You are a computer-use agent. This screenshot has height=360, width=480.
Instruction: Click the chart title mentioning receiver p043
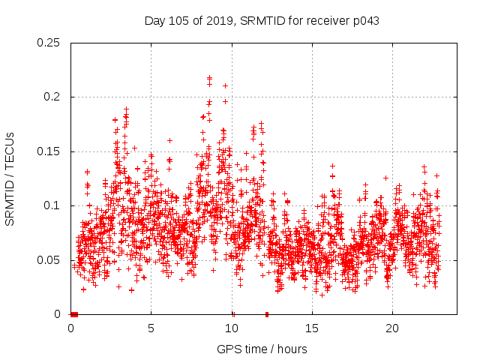coord(262,20)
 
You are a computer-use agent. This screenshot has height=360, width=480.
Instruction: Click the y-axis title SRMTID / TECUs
coord(10,178)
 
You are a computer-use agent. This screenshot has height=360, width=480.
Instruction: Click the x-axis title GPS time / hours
coord(262,349)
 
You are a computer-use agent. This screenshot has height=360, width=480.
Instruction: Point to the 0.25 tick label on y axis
coord(49,43)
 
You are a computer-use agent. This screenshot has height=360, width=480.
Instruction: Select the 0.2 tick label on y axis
coord(52,97)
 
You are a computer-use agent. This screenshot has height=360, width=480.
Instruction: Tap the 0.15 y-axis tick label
coord(49,151)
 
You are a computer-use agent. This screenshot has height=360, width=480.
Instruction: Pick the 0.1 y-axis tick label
coord(52,205)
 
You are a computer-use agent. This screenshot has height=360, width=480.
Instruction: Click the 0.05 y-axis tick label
coord(49,260)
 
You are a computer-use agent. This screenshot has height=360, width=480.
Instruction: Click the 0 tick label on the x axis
coord(71,328)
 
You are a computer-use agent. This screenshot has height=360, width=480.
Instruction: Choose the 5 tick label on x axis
coord(151,328)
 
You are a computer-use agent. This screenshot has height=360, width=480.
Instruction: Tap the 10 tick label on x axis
coord(232,328)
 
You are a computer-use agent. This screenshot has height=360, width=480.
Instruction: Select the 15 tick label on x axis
coord(312,328)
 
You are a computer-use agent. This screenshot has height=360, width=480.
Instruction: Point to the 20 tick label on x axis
coord(392,328)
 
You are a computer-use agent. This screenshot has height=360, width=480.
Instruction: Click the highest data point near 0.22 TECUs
coord(209,77)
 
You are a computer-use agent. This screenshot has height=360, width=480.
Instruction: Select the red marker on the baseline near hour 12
coord(267,314)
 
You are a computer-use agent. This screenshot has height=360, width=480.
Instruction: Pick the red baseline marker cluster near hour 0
coord(73,314)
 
